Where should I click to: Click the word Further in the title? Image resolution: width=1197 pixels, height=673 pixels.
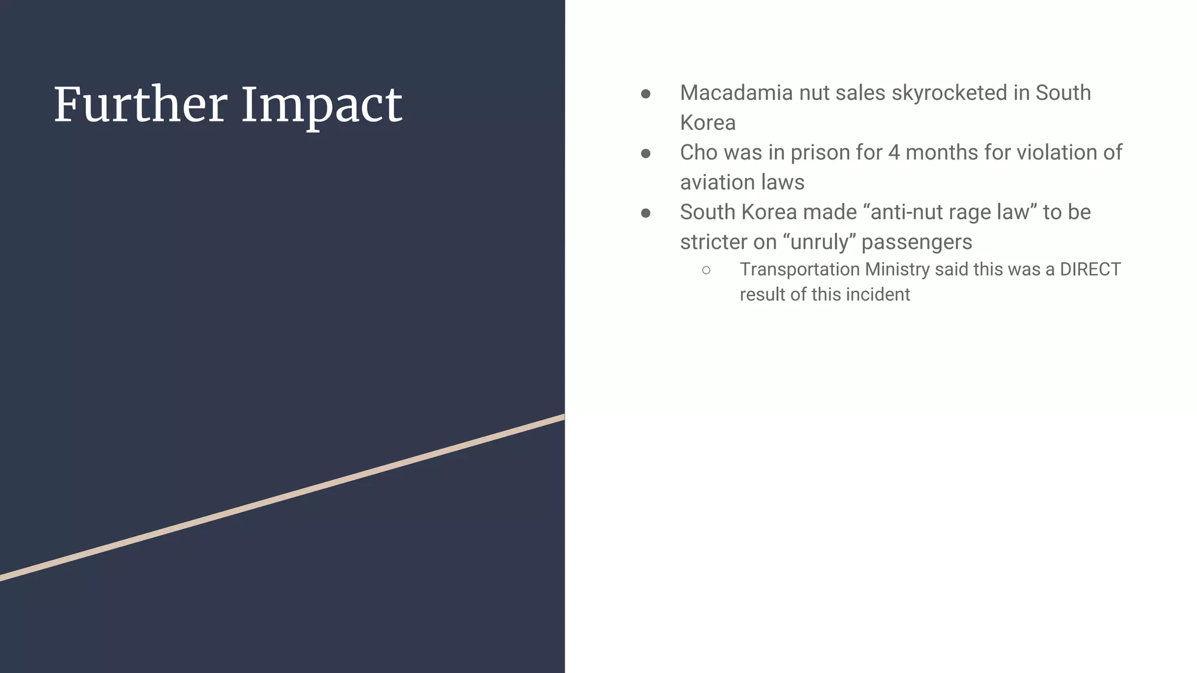point(140,105)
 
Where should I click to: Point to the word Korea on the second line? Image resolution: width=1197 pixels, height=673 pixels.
point(708,123)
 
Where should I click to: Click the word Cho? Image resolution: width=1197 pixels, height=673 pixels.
point(698,152)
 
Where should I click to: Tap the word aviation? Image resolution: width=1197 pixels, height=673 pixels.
point(715,182)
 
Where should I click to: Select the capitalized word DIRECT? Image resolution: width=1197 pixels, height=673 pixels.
point(1090,269)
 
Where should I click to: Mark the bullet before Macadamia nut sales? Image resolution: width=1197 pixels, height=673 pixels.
point(646,94)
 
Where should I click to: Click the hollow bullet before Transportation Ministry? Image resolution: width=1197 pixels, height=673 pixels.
point(706,270)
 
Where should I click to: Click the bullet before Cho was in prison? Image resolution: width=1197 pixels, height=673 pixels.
point(646,154)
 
